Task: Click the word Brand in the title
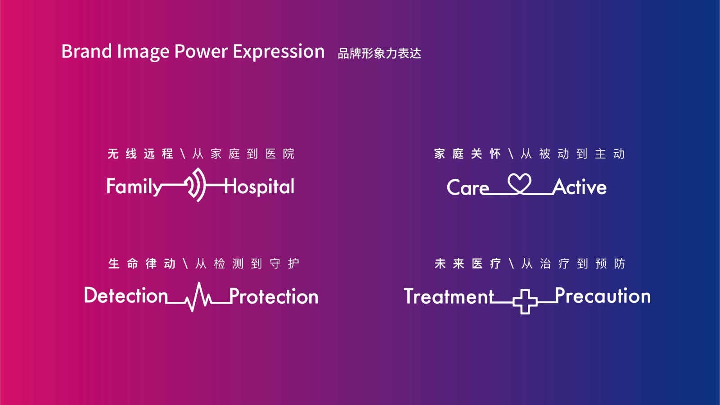87,51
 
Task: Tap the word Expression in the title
279,52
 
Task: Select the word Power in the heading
201,51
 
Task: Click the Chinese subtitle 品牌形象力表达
379,54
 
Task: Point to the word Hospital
259,187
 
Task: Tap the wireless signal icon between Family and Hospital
197,185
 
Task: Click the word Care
468,187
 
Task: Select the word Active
580,187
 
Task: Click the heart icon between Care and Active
519,183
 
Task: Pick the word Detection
126,296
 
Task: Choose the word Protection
274,296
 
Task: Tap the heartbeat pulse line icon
198,296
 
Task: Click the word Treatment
449,296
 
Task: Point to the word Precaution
603,296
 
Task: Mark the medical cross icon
525,301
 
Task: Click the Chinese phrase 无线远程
140,154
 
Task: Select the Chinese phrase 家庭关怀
468,154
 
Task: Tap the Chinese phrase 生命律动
142,264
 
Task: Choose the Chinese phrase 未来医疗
468,264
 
